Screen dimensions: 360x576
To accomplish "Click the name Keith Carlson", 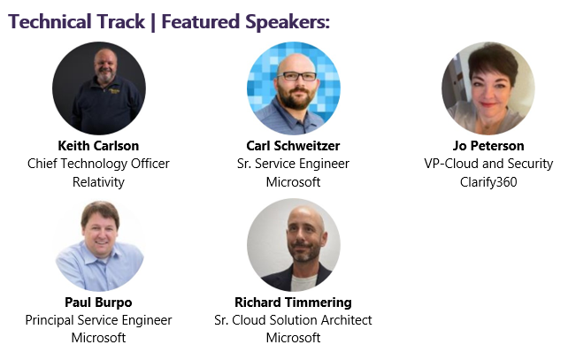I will [98, 145].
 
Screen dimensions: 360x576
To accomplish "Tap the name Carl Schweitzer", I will [293, 145].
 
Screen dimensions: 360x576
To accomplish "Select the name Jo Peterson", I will [488, 145].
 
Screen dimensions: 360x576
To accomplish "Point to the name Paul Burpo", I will [98, 302].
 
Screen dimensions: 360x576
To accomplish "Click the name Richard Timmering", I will [293, 302].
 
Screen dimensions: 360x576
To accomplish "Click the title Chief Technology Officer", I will [98, 164].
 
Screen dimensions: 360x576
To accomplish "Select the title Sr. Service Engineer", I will [293, 164].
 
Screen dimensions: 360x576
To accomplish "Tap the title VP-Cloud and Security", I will [488, 164].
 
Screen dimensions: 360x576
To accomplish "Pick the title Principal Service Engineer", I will [98, 320].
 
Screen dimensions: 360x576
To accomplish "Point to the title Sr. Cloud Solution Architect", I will [293, 320].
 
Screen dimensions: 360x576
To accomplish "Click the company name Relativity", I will [98, 182].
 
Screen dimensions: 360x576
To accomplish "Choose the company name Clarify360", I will [488, 182].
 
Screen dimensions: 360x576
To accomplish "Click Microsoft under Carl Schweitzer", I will [293, 182].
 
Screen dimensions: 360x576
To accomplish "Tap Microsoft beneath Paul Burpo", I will [98, 338].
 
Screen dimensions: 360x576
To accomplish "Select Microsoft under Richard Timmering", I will [293, 338].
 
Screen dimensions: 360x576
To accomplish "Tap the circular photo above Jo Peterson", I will [488, 88].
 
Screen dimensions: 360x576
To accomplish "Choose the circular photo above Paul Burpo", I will [98, 244].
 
